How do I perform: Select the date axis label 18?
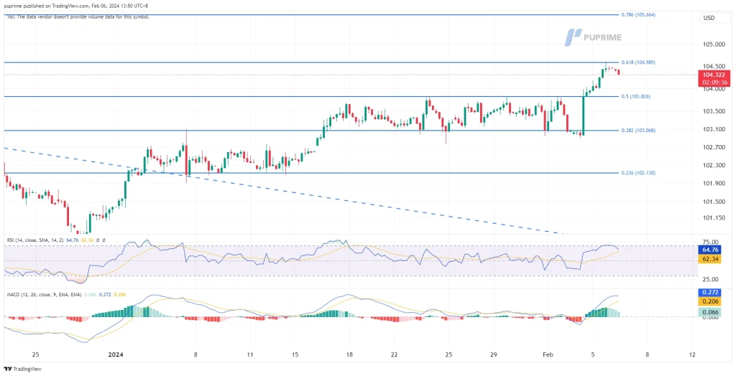click(x=349, y=354)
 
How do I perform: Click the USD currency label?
click(x=709, y=18)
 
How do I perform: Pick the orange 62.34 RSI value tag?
click(x=711, y=260)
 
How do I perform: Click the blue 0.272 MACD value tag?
click(x=711, y=293)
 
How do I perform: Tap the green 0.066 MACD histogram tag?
click(x=711, y=313)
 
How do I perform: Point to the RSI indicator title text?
click(x=33, y=239)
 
